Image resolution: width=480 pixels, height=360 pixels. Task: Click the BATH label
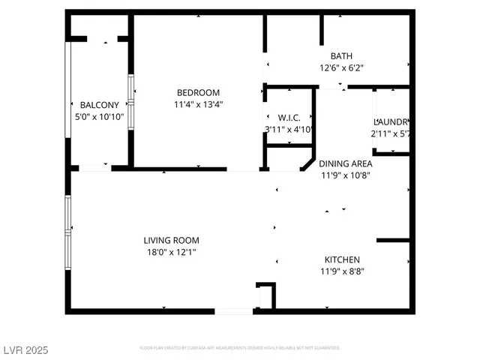[x=341, y=55]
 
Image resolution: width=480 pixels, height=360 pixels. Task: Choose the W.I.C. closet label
[x=289, y=118]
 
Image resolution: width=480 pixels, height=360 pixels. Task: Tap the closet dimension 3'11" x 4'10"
[x=289, y=130]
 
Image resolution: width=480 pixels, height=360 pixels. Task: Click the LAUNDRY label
[x=391, y=121]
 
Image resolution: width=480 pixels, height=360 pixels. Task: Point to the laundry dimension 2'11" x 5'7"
[x=391, y=133]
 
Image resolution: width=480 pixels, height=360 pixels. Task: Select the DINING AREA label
[x=345, y=163]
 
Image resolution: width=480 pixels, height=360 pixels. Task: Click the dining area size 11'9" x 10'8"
[x=345, y=175]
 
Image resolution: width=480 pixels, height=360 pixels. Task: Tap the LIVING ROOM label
[x=172, y=241]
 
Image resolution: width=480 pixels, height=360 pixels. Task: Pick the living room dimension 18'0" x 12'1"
[x=172, y=253]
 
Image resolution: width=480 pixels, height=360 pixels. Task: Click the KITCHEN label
[x=341, y=259]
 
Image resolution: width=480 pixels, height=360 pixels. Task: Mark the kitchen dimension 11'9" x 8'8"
[x=341, y=271]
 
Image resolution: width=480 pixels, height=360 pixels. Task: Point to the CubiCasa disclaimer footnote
[x=240, y=348]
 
